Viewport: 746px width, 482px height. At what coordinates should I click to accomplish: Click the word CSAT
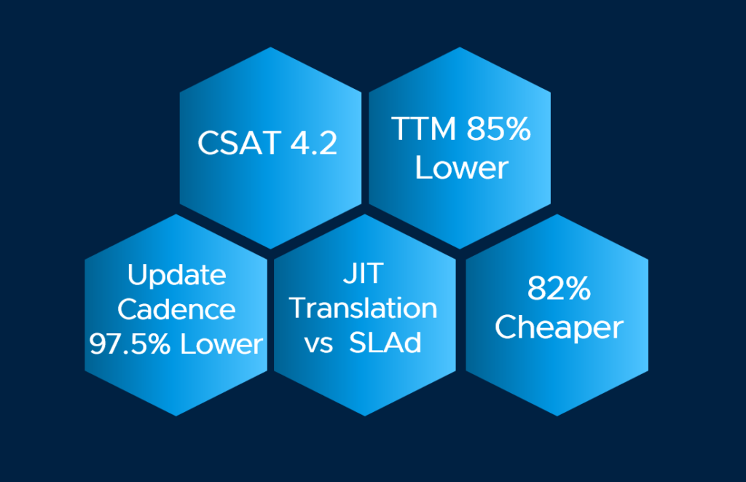(239, 142)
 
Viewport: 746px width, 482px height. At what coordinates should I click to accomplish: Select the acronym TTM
(424, 128)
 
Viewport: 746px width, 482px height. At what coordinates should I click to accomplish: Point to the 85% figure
(498, 128)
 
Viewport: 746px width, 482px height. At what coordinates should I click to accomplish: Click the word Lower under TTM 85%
(461, 168)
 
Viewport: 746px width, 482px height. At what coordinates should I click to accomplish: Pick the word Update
(176, 276)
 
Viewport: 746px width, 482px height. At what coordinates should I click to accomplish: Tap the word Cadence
(176, 310)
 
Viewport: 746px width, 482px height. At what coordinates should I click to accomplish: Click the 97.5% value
(130, 344)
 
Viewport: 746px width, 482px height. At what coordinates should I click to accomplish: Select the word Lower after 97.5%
(221, 344)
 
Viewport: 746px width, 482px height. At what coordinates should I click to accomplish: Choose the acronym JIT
(364, 273)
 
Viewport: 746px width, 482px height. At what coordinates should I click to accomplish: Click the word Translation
(364, 308)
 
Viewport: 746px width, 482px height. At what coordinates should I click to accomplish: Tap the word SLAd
(385, 343)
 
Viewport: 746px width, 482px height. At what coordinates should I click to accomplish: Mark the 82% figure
(559, 288)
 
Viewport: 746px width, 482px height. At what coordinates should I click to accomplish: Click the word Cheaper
(559, 328)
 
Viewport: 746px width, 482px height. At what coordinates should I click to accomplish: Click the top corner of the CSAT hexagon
(270, 47)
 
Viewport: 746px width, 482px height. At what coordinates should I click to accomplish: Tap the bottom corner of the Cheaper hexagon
(557, 416)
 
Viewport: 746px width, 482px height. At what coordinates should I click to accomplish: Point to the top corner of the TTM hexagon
(460, 47)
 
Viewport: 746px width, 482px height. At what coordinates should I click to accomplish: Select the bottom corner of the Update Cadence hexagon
(176, 416)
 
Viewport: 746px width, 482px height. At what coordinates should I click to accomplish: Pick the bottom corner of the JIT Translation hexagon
(365, 416)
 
